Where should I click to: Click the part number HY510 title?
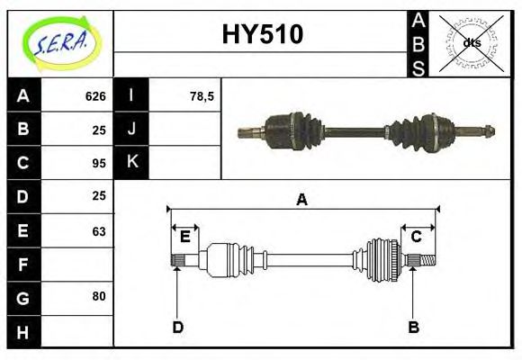(262, 35)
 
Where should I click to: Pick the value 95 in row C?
(99, 164)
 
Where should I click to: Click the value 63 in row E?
(99, 231)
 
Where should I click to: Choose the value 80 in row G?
(99, 296)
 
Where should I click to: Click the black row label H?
(22, 333)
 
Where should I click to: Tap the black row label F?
(22, 265)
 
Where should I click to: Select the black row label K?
(132, 163)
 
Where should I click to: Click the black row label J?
(132, 130)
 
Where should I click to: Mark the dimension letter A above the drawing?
(302, 200)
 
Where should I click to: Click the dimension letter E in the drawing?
(184, 237)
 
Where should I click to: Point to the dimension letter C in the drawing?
(417, 237)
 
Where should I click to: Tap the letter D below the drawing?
(177, 327)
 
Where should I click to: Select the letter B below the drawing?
(413, 327)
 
